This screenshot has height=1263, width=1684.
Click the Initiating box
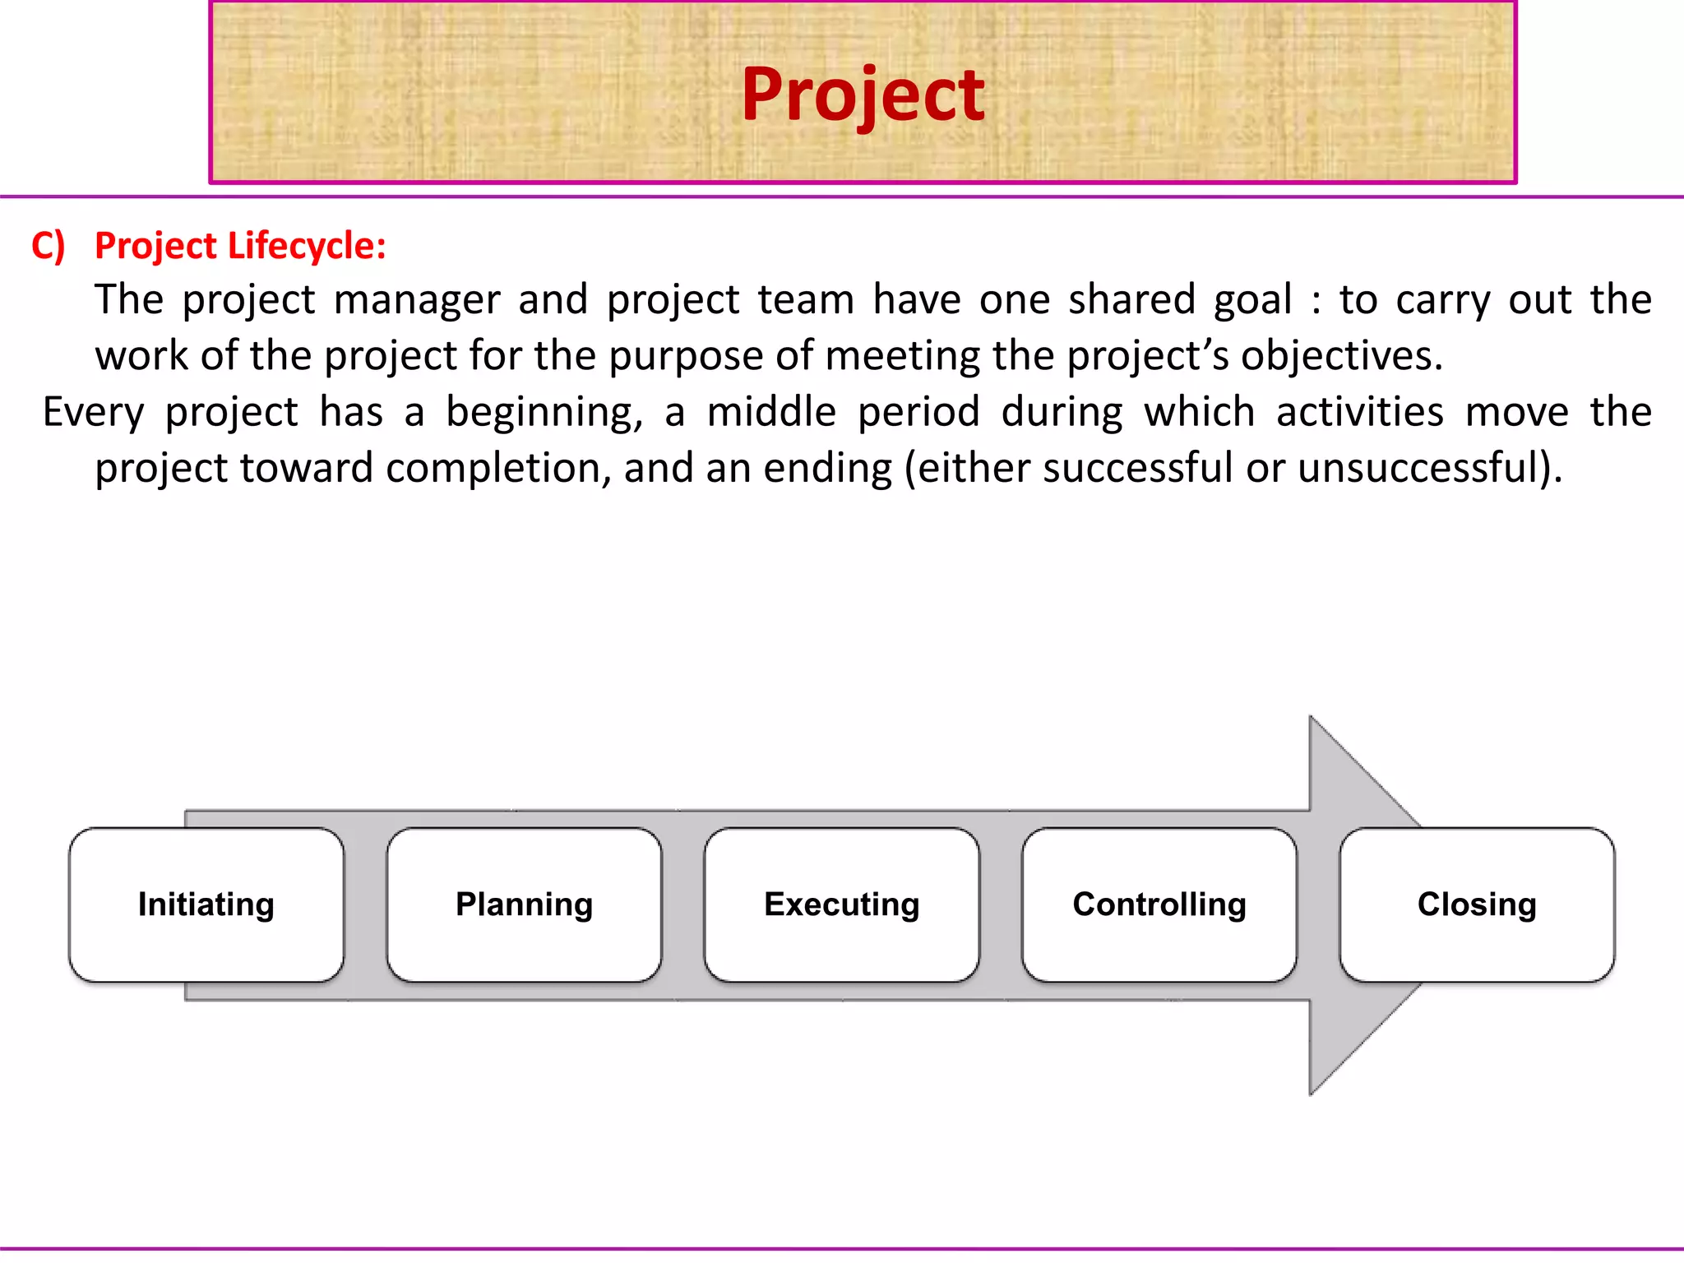pyautogui.click(x=206, y=904)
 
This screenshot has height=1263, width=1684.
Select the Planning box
pyautogui.click(x=525, y=904)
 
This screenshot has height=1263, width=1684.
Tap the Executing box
pyautogui.click(x=842, y=904)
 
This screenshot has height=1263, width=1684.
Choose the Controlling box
pyautogui.click(x=1159, y=904)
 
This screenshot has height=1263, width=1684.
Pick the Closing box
pyautogui.click(x=1477, y=904)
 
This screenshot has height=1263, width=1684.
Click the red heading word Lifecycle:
pyautogui.click(x=307, y=246)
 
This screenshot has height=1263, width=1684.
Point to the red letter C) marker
pyautogui.click(x=48, y=246)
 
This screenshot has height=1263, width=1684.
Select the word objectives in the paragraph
pyautogui.click(x=1341, y=356)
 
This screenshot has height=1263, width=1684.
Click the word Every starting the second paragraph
pyautogui.click(x=93, y=412)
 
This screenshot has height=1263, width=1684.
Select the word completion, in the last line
pyautogui.click(x=498, y=468)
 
